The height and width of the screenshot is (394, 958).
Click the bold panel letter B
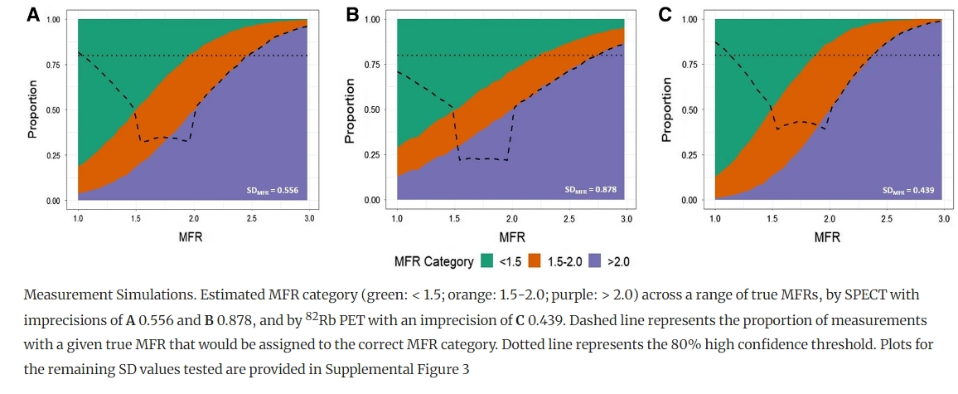tap(351, 15)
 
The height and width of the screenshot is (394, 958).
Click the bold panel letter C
tap(665, 15)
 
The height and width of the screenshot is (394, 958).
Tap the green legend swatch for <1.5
tap(488, 261)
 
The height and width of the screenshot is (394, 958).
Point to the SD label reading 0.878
tap(590, 190)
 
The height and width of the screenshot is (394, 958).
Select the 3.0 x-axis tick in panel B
tap(627, 218)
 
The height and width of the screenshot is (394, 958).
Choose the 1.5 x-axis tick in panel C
tap(772, 218)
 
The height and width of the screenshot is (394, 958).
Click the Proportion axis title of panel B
tap(351, 109)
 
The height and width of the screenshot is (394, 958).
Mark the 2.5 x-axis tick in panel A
tap(251, 218)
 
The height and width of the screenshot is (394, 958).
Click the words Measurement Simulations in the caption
tap(92, 296)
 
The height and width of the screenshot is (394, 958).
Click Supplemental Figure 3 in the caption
tap(399, 369)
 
